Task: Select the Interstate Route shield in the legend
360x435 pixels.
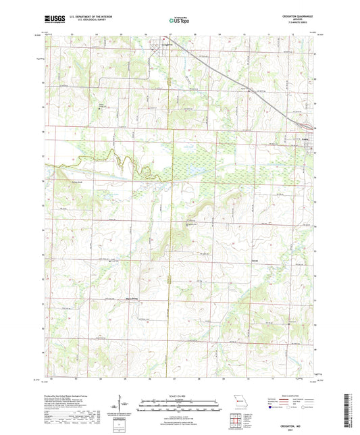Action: tap(271, 408)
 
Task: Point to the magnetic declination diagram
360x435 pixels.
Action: tap(120, 405)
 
